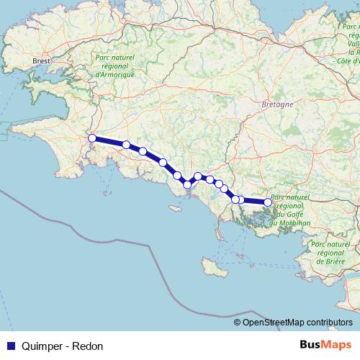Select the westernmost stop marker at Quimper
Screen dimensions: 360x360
pos(91,138)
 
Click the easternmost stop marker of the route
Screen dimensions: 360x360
pos(268,202)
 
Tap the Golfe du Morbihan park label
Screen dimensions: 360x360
pos(291,210)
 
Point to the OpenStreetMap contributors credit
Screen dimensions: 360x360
pos(297,322)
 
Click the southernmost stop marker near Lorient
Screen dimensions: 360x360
pos(187,185)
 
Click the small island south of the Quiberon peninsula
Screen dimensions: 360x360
pos(210,267)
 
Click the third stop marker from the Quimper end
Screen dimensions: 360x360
pos(143,151)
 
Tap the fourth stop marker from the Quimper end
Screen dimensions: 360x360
pos(163,163)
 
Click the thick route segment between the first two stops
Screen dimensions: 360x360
pos(109,142)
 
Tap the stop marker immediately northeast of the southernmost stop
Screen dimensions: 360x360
pos(198,176)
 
